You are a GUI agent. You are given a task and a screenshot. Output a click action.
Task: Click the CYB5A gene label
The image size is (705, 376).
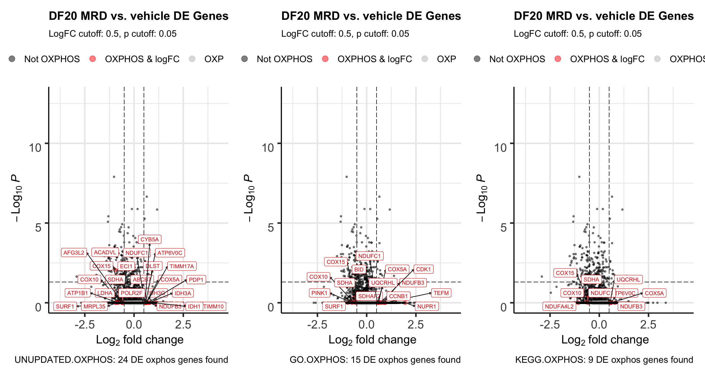coord(149,239)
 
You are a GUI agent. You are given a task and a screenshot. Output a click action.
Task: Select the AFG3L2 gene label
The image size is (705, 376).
coord(74,253)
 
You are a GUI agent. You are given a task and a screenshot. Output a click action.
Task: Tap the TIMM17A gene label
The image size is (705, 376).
coord(182,266)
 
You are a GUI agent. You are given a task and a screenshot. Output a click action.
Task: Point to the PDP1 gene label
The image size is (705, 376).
coord(196,280)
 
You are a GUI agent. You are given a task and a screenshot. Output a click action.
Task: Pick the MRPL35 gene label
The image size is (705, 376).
coord(94,306)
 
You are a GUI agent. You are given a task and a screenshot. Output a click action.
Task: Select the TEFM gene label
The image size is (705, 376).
coord(441,293)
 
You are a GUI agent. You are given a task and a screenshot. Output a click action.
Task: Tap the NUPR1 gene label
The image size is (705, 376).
coord(426,306)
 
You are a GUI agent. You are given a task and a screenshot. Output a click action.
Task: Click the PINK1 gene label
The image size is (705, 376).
coord(319,293)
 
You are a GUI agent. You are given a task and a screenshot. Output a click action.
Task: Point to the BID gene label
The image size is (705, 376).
coord(359,270)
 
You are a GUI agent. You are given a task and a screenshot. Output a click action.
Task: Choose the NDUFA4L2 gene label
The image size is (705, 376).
coord(559,306)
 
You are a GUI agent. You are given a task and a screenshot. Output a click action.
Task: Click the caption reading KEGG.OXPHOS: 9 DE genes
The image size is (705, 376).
coord(604,360)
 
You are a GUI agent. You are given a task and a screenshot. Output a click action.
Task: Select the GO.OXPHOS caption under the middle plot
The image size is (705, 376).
coord(375,360)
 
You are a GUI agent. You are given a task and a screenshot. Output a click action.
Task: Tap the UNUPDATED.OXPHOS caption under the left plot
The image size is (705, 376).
coord(121,360)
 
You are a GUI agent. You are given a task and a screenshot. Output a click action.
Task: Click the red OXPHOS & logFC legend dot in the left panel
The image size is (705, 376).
coord(93,59)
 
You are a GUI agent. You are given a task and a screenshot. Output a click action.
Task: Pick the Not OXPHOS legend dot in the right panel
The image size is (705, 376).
coord(477,59)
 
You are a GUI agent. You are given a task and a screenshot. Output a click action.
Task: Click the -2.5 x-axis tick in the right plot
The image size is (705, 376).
coord(550,325)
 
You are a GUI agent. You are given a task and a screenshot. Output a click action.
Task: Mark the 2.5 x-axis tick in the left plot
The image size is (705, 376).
coord(183,325)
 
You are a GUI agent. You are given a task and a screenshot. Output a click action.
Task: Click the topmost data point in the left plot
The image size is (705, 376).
coord(114,177)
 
